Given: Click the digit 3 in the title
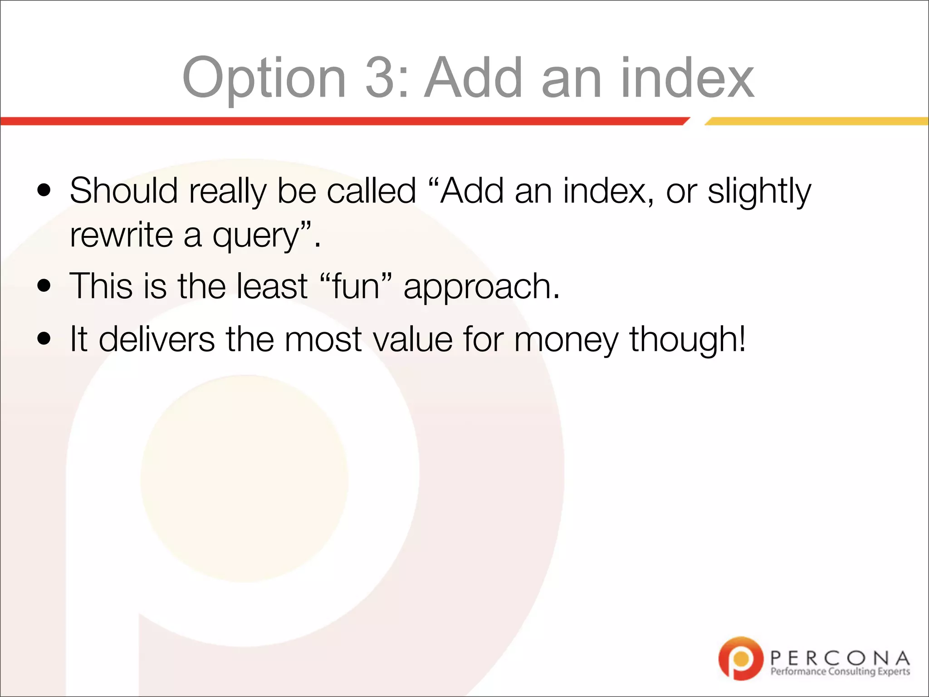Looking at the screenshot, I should point(381,78).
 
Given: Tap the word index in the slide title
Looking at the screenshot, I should point(687,78).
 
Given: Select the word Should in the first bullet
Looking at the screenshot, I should point(123,191).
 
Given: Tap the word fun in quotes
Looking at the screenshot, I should point(356,286).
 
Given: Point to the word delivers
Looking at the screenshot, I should point(156,339).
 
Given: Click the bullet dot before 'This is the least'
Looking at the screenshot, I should point(44,286).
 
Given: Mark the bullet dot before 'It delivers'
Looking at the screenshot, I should point(44,339).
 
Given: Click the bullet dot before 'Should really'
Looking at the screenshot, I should point(44,190).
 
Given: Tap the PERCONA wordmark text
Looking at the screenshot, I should point(840,658).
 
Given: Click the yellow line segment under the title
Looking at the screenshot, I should point(817,121).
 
